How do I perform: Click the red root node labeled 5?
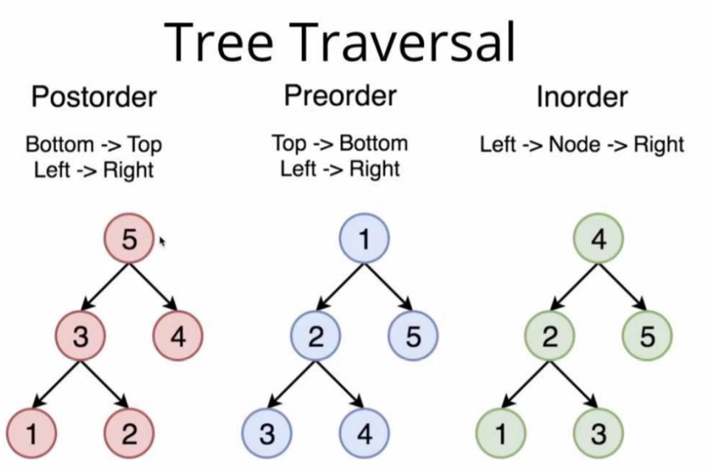[129, 239]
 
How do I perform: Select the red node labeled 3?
[81, 336]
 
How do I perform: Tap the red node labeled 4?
[178, 336]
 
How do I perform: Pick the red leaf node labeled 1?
[32, 434]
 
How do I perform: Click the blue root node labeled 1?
[364, 239]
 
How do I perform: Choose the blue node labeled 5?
[414, 336]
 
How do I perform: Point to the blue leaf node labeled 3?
[267, 434]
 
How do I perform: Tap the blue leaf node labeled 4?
[364, 434]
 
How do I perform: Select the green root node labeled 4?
[599, 239]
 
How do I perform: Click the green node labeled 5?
[648, 336]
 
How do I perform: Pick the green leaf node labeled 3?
[599, 434]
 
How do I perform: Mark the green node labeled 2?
[549, 336]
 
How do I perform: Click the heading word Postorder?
[94, 96]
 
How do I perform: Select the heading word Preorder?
[340, 95]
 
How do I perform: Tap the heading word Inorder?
[583, 96]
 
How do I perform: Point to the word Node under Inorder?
[575, 144]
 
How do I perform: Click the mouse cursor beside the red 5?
[162, 242]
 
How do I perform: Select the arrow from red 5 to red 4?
[154, 287]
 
